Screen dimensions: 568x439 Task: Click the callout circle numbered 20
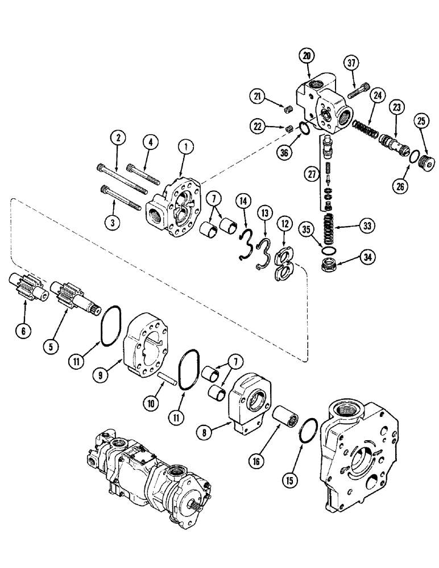point(308,55)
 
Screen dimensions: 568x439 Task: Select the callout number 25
point(422,120)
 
